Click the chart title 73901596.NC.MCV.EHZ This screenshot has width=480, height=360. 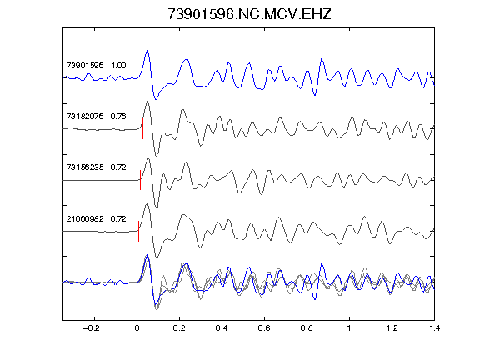coord(249,14)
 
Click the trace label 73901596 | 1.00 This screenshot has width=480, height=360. coord(96,66)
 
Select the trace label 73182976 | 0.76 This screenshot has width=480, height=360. coord(96,117)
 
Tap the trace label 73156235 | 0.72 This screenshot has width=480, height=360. coord(96,167)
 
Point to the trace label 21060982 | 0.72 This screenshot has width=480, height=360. coord(96,219)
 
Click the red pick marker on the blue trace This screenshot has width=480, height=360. coord(137,77)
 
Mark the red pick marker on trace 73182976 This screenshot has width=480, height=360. coord(142,129)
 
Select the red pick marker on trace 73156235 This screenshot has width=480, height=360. coord(140,180)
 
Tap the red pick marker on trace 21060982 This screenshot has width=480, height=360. coord(138,231)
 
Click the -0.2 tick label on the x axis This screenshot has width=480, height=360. coord(92,328)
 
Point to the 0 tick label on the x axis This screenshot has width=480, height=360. coord(137,328)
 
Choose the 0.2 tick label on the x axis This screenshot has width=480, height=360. coord(179,328)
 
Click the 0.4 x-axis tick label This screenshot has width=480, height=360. coord(222,328)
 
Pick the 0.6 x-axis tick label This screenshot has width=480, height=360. coord(264,328)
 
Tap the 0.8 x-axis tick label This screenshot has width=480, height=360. coord(307,328)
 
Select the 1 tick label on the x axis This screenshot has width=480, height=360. coord(349,328)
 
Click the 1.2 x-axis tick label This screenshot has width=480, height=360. coord(392,328)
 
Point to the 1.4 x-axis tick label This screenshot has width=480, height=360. coord(434,328)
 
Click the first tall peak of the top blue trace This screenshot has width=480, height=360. coord(147,51)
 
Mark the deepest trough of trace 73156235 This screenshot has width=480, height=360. coord(157,207)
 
